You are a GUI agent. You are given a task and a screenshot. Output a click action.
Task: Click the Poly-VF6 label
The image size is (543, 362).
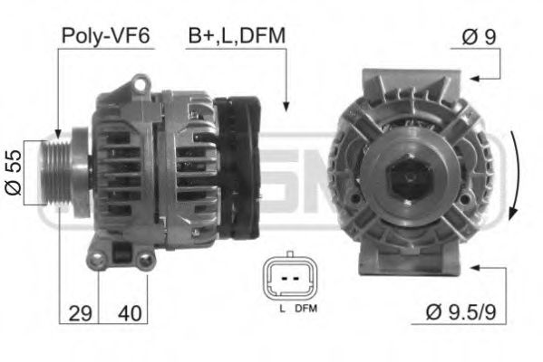[105, 35]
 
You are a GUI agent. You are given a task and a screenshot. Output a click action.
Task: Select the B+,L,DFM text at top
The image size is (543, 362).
[236, 35]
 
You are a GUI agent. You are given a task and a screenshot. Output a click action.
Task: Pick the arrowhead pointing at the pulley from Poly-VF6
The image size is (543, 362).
[58, 135]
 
